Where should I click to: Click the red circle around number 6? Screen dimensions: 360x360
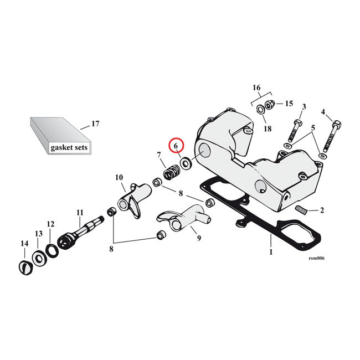pyautogui.click(x=177, y=146)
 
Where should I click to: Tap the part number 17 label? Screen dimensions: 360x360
pyautogui.click(x=95, y=124)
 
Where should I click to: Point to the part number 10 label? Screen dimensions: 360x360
pyautogui.click(x=119, y=178)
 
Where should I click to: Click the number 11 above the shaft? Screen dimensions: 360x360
pyautogui.click(x=80, y=213)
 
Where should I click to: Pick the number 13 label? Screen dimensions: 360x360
pyautogui.click(x=38, y=234)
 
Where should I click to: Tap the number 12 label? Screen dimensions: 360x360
pyautogui.click(x=50, y=224)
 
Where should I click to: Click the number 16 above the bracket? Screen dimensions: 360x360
pyautogui.click(x=256, y=88)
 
